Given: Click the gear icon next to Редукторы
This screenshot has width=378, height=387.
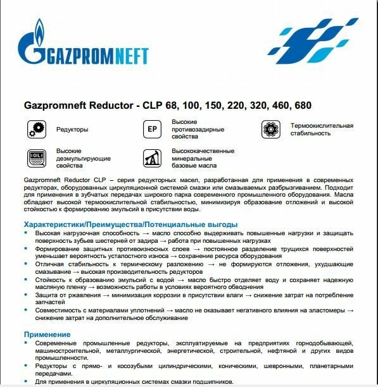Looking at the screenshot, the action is coord(34,129).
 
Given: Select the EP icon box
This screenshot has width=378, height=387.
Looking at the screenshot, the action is coord(151,128).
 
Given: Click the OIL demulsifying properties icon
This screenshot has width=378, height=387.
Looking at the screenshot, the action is coord(34,158).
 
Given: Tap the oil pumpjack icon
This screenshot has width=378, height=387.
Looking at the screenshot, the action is coord(151,158).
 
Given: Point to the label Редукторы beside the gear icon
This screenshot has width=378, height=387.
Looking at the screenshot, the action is coord(72,129).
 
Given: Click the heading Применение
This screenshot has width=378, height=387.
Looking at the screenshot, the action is coord(47,333).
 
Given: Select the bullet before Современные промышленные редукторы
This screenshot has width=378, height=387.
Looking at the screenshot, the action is coord(28,342).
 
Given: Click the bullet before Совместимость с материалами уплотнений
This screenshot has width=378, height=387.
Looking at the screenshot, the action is coord(28,311).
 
